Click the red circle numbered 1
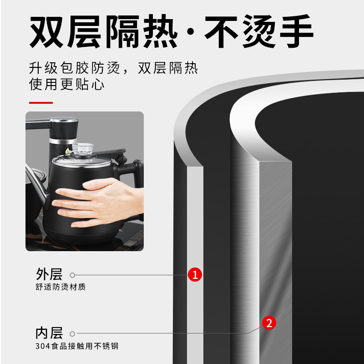point(195,274)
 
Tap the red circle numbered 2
point(269,323)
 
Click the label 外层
point(49,274)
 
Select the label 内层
point(49,333)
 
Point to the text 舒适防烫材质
point(61,287)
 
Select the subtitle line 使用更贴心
point(67,84)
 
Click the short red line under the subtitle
point(41,103)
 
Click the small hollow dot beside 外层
point(72,275)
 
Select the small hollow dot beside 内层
point(72,333)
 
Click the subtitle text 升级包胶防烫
point(74,69)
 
